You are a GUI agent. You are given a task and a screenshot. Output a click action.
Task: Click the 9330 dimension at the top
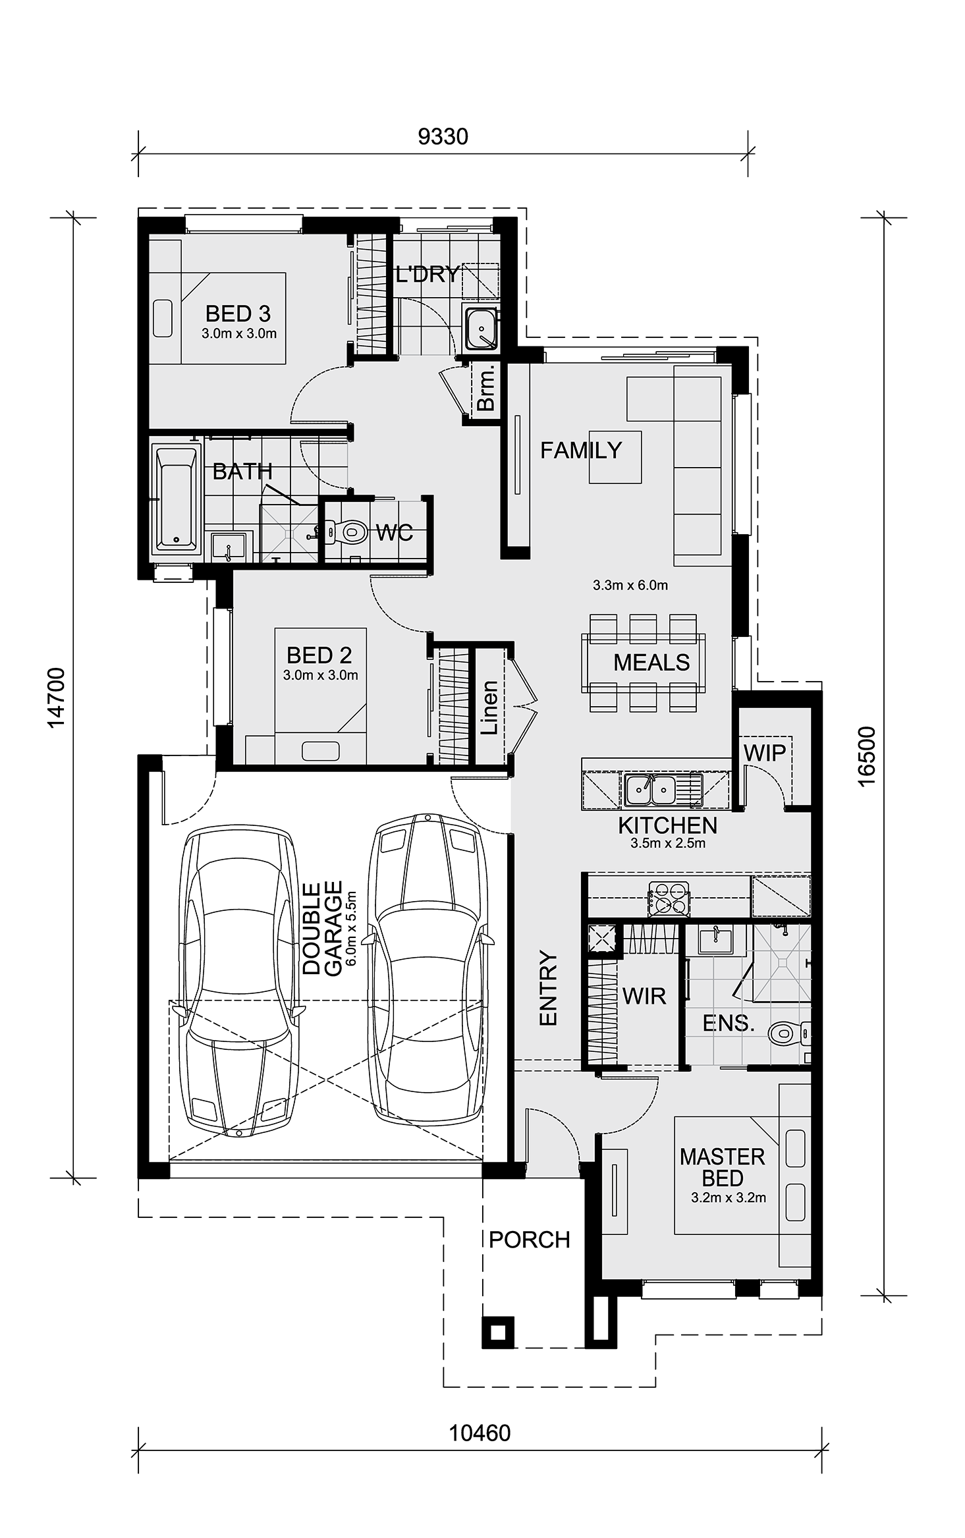click(443, 136)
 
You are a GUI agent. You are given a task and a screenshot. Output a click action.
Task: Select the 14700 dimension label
click(57, 698)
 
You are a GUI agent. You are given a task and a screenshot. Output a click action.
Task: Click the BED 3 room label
click(238, 314)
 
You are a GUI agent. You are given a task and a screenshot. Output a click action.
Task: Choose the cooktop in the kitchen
click(669, 898)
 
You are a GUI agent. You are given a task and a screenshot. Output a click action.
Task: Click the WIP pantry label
click(765, 752)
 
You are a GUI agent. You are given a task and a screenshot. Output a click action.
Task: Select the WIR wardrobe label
click(644, 997)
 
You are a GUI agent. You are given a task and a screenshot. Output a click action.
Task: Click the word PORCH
click(530, 1240)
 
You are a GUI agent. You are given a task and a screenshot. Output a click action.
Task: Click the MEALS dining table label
click(651, 662)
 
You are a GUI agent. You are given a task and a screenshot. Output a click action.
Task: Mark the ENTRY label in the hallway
click(548, 987)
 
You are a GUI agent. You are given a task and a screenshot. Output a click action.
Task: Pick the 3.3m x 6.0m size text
click(630, 585)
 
